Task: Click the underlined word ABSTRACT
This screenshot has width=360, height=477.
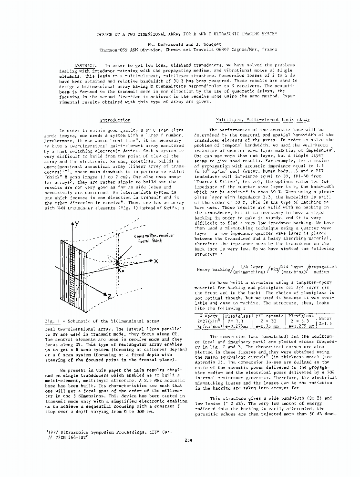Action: (85, 65)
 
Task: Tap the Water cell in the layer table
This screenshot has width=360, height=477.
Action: (325, 319)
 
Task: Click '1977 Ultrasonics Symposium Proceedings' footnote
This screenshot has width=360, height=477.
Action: (88, 431)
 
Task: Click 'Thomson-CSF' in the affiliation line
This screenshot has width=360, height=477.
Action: (116, 49)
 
